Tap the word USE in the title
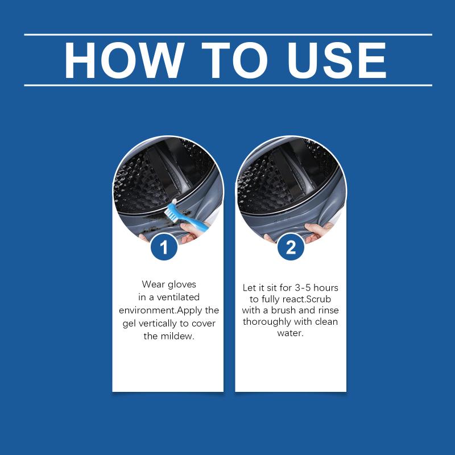337,60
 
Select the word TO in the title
234,60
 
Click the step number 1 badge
164,247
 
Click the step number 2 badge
291,247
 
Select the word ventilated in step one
178,297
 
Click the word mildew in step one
177,336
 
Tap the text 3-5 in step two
303,288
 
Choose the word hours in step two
326,288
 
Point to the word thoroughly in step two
267,322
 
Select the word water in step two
290,333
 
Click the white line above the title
228,35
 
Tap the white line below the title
228,85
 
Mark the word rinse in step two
328,310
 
